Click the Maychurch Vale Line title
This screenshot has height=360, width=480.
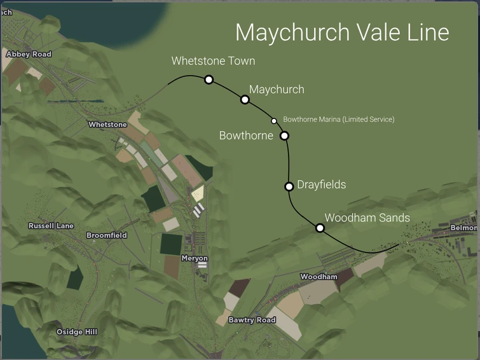pos(342,32)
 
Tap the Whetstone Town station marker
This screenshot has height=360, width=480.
pos(209,80)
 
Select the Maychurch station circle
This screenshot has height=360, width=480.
pos(245,99)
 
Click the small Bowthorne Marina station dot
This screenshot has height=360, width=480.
pos(274,120)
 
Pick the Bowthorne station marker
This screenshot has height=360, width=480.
pos(284,135)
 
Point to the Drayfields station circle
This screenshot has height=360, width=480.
pos(289,186)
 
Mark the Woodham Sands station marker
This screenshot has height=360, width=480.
pos(320,228)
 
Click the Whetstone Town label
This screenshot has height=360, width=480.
pos(213,61)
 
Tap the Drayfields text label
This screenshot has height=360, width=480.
pos(321,185)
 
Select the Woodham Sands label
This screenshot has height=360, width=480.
pos(367,218)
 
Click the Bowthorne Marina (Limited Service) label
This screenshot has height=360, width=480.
pos(338,120)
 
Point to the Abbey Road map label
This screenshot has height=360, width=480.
pos(28,55)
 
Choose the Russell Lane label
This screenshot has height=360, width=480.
pos(51,226)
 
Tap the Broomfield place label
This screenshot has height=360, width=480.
pos(106,235)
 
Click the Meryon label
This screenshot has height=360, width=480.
pos(194,258)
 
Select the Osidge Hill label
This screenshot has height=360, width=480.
pos(77,332)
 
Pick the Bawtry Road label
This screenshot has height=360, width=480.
pos(252,320)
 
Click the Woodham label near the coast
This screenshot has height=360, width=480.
pos(319,277)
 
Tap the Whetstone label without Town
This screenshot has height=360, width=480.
pos(107,125)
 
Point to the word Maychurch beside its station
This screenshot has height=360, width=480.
pos(277,90)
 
